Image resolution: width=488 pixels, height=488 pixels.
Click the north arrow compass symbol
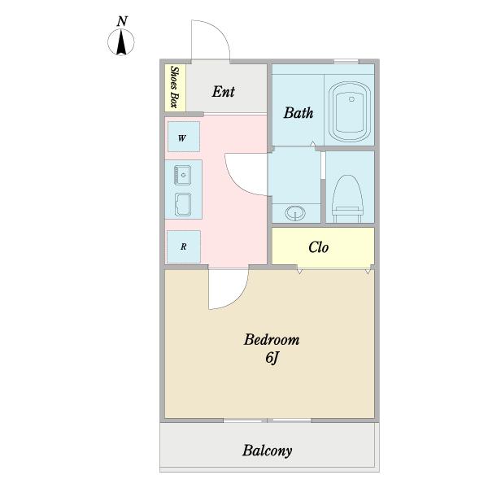[121, 42]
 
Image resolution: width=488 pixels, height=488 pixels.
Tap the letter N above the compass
[122, 21]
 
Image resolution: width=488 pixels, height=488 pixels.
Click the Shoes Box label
[175, 87]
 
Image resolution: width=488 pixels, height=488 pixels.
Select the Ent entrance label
[223, 91]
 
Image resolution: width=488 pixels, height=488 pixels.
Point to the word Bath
[298, 113]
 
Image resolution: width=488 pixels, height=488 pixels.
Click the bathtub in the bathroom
[350, 111]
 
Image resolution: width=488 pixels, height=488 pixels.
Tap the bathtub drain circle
[351, 99]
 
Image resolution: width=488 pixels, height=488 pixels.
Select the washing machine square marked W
[184, 137]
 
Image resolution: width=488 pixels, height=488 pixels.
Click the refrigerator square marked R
[184, 246]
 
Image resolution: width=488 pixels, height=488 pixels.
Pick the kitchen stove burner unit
[183, 175]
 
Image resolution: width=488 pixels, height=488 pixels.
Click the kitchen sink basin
[183, 204]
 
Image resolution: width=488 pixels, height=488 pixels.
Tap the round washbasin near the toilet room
[295, 213]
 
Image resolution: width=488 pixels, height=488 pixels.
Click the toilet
[347, 198]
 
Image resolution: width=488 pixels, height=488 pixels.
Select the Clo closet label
[318, 247]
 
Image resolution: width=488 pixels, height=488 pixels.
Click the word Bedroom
[272, 339]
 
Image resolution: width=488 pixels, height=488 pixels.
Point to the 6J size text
[272, 358]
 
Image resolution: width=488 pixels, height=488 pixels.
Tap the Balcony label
[267, 451]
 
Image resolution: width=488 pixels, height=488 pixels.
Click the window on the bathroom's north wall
[346, 62]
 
